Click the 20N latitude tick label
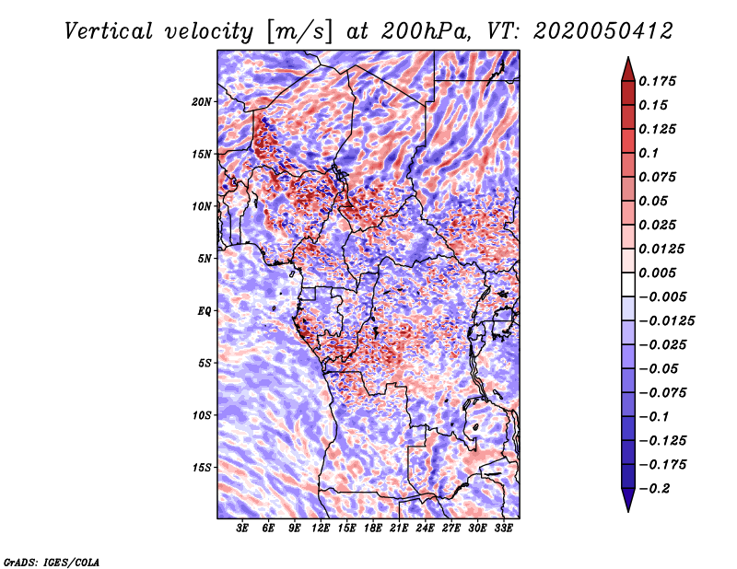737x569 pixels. pyautogui.click(x=202, y=101)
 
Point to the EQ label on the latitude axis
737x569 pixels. pyautogui.click(x=205, y=311)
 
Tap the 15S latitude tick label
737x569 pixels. pyautogui.click(x=202, y=468)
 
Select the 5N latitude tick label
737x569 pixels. pyautogui.click(x=205, y=259)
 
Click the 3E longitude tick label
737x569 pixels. pyautogui.click(x=243, y=528)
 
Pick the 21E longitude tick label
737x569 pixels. pyautogui.click(x=399, y=528)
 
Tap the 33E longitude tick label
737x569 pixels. pyautogui.click(x=503, y=528)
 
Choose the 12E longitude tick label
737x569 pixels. pyautogui.click(x=321, y=528)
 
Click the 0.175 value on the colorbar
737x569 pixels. pyautogui.click(x=661, y=81)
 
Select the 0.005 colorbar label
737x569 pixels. pyautogui.click(x=661, y=273)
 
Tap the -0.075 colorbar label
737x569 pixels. pyautogui.click(x=666, y=392)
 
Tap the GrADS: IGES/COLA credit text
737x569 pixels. pyautogui.click(x=52, y=561)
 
